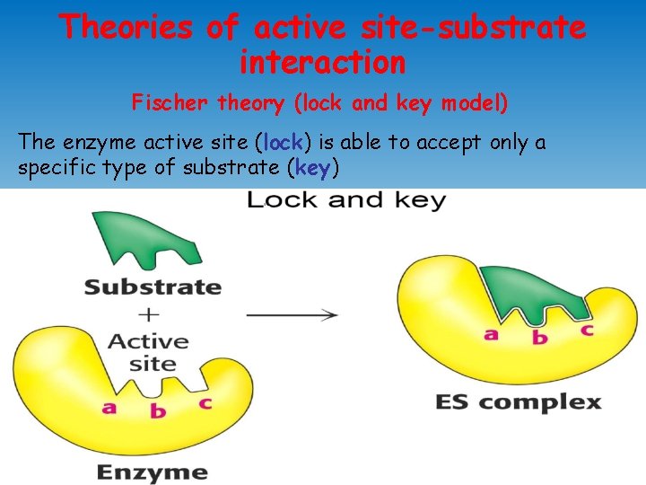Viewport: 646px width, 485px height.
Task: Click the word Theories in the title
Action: (x=126, y=27)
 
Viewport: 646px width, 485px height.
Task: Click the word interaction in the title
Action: (x=323, y=63)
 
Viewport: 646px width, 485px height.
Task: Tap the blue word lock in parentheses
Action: (x=284, y=142)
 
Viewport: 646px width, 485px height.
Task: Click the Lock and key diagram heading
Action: (x=346, y=200)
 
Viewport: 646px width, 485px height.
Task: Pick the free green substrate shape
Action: (x=148, y=241)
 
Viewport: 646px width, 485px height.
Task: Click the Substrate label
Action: (x=153, y=287)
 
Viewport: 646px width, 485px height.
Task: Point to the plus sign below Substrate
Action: (x=150, y=314)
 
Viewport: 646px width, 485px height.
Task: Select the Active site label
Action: (x=150, y=353)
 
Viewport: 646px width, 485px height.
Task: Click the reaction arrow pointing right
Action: (x=292, y=314)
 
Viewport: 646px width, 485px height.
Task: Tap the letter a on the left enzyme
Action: (x=109, y=407)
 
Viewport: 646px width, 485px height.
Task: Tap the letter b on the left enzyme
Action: (x=158, y=411)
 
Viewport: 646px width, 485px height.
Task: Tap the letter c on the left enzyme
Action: (x=205, y=402)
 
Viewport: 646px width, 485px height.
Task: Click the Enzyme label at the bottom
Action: (x=152, y=472)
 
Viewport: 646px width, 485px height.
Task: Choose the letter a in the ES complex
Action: (x=491, y=334)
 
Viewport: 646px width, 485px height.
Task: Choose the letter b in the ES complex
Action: (x=539, y=338)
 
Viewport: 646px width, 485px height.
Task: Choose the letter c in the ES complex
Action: (x=587, y=329)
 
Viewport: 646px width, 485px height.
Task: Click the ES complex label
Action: (x=518, y=401)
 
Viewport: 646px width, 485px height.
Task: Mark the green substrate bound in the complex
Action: (x=534, y=292)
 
